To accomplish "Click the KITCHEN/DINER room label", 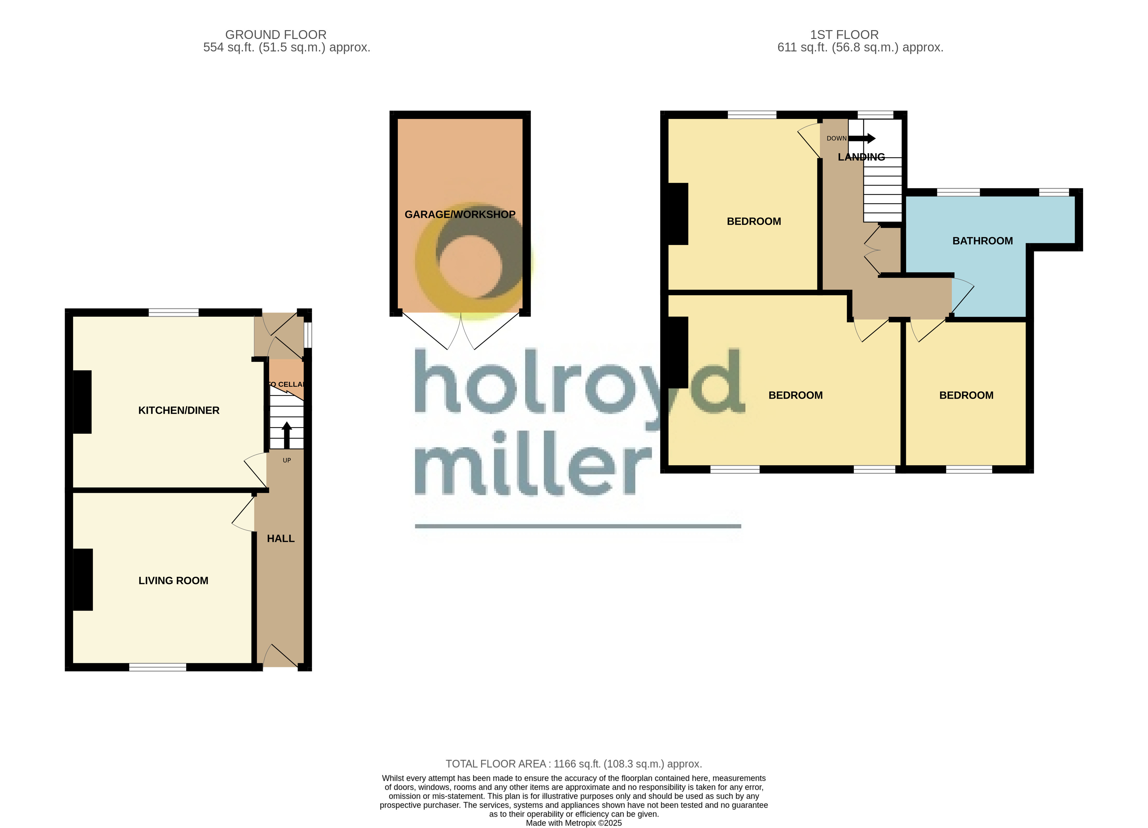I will tap(179, 410).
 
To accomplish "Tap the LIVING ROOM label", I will tap(173, 580).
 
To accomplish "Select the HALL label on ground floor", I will tap(281, 538).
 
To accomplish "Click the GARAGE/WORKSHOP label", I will tap(460, 214).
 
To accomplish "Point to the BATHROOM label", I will tap(982, 240).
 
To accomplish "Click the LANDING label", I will tap(861, 157).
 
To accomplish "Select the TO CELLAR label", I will tap(286, 384).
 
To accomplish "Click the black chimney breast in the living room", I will tap(83, 579).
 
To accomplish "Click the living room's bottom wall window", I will tap(157, 668).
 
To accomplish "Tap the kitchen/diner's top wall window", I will tap(173, 312).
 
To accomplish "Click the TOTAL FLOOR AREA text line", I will tap(574, 764).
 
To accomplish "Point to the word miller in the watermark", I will tap(532, 463).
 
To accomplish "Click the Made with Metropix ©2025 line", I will tap(574, 823).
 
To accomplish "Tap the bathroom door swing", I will tap(962, 296).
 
